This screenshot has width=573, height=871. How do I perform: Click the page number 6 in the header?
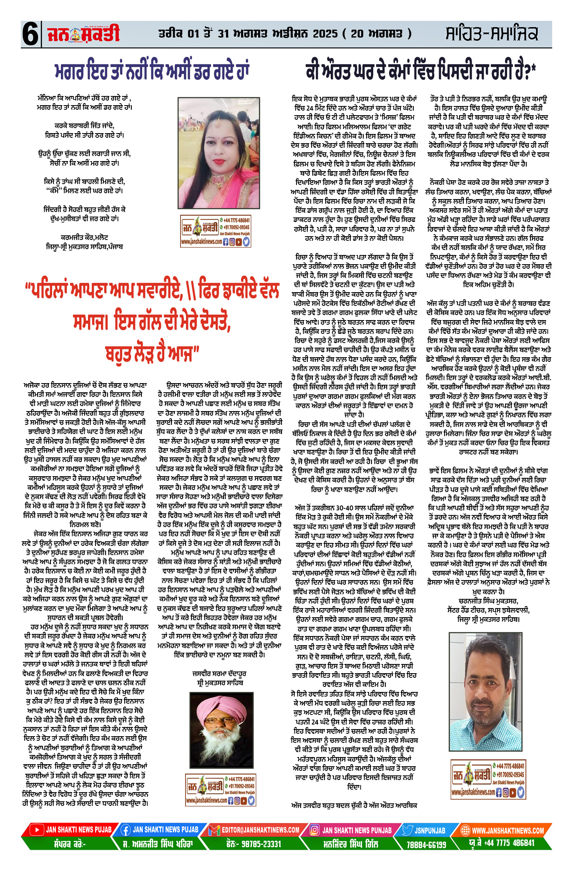(x=30, y=34)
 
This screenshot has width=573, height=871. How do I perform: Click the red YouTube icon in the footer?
(x=37, y=830)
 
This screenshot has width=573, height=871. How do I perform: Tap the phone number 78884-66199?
(x=426, y=844)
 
